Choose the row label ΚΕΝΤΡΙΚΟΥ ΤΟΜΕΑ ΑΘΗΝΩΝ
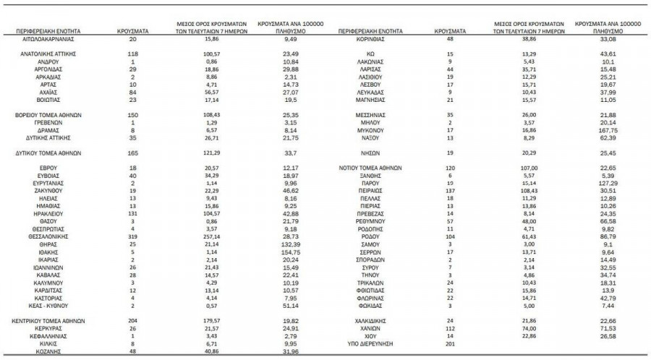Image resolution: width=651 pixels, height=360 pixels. (x=50, y=320)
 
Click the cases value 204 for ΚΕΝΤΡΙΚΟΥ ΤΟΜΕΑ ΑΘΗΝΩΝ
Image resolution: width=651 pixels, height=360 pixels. (x=132, y=320)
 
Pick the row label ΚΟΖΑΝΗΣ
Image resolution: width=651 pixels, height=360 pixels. (x=50, y=352)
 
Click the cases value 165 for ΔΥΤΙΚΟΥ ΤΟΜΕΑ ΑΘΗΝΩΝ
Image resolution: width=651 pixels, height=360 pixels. (x=132, y=153)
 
